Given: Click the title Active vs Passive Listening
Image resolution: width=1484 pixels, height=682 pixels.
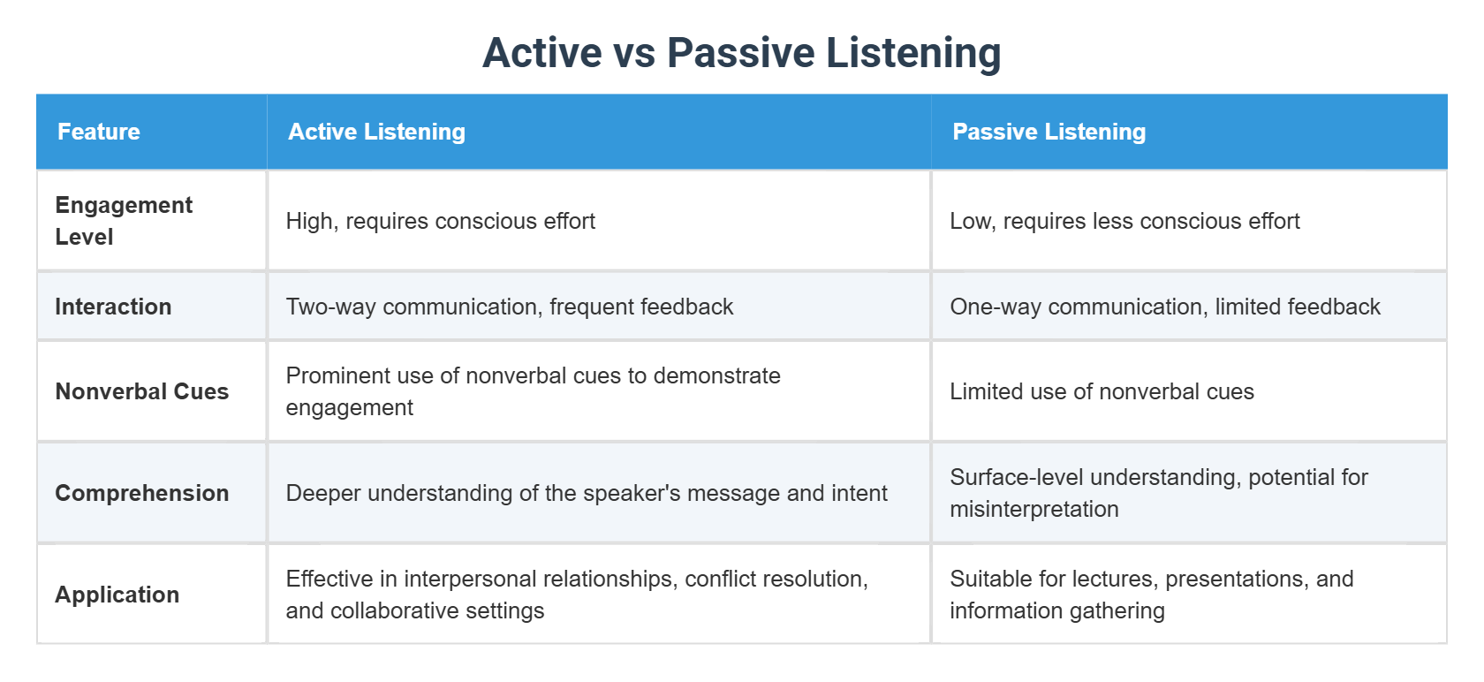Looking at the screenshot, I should (741, 53).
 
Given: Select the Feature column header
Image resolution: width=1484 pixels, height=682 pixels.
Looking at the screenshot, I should (99, 132).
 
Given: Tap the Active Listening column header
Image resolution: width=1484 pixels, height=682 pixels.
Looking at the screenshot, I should (376, 132).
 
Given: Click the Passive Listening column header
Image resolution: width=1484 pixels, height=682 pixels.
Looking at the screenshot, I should (1049, 132).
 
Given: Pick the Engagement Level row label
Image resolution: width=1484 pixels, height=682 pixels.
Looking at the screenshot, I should (123, 221).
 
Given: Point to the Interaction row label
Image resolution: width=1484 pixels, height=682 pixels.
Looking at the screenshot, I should (113, 307).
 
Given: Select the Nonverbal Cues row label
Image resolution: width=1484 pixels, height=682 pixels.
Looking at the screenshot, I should (141, 391).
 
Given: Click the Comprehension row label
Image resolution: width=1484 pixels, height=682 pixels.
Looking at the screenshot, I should (141, 493).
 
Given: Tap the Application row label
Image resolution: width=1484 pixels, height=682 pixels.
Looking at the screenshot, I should (117, 595).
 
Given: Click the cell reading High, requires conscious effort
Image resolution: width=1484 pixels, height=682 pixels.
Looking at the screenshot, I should (440, 221).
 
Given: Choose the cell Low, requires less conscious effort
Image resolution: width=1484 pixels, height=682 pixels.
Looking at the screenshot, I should (1124, 221).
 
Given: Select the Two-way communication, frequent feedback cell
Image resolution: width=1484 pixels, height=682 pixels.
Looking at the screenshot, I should (509, 307).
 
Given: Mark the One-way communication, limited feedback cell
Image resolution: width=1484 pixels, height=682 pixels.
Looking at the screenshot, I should (1164, 307).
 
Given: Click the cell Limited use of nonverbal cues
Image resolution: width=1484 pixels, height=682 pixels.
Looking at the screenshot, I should (1102, 391).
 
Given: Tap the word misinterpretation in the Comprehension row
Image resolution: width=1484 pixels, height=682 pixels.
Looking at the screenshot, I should (1033, 510).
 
